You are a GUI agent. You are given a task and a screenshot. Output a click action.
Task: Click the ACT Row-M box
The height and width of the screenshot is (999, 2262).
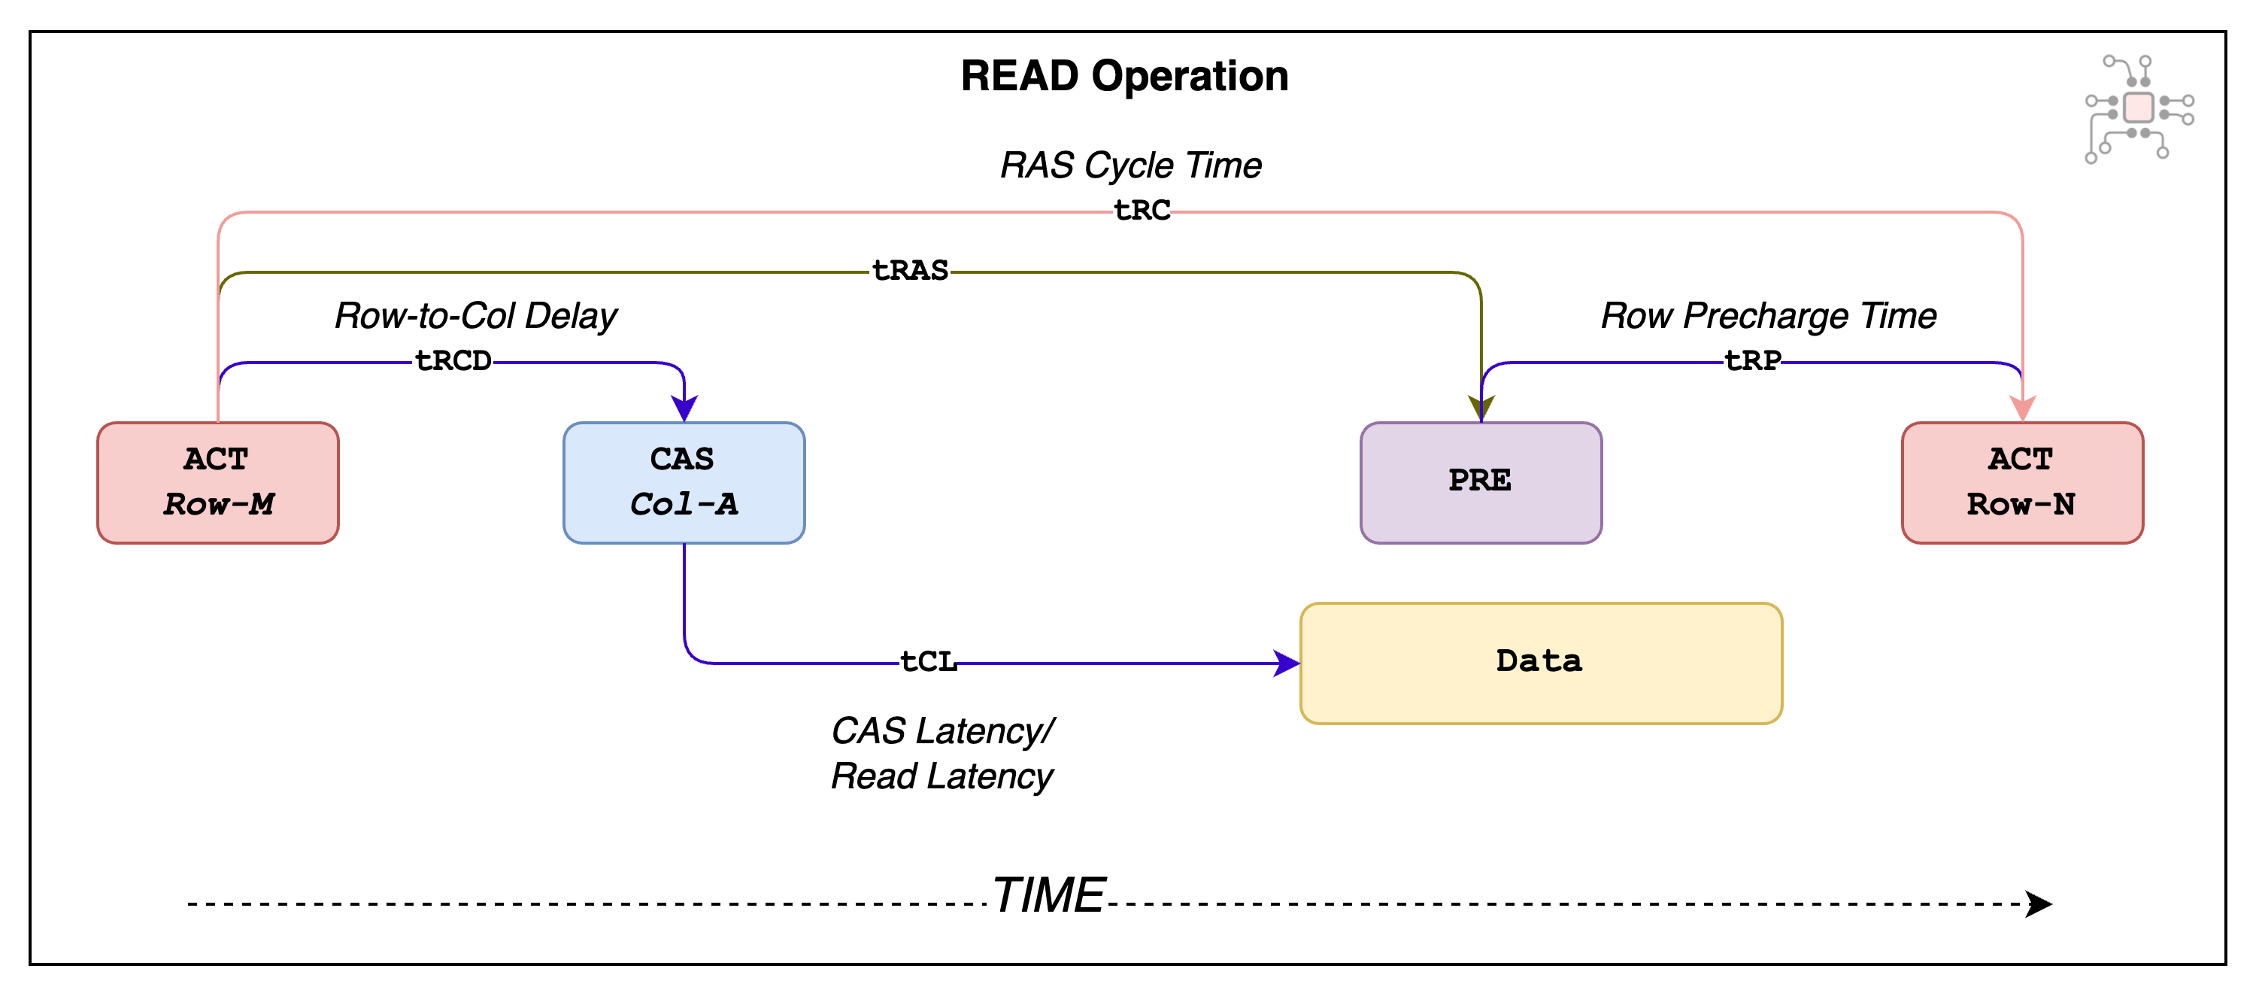[218, 482]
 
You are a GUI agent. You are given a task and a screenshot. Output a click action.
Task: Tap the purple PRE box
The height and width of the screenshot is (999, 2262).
[1481, 482]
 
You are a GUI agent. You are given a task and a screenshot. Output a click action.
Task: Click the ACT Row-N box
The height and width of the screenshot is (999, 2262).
[2021, 482]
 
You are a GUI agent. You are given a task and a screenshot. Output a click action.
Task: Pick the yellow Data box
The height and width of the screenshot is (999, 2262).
[1540, 663]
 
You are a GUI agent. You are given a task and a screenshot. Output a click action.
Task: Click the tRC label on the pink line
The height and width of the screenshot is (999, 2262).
[1142, 211]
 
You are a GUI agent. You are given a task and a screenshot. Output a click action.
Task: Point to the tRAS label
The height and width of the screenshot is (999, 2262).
[910, 271]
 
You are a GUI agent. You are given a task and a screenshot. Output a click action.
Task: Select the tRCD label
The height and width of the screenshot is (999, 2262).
[453, 361]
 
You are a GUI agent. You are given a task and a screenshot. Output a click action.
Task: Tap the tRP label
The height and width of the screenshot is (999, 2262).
[1753, 361]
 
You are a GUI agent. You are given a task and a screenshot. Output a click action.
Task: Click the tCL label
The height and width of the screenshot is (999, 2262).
[928, 661]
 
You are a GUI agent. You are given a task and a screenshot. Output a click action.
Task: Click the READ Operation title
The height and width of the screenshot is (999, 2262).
[1124, 77]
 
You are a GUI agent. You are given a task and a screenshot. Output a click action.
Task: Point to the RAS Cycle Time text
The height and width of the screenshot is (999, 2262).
[1130, 165]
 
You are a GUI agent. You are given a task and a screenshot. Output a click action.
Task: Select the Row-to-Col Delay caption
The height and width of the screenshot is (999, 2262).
[475, 315]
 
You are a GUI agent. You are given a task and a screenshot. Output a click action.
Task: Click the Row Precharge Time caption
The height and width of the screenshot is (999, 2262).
[1768, 315]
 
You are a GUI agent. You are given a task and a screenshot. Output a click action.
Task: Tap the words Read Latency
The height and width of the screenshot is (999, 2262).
[941, 776]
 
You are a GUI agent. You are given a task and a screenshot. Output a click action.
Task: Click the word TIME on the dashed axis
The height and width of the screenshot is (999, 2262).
[1048, 895]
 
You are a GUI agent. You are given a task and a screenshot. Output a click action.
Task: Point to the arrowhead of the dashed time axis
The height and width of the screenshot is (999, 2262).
[2039, 903]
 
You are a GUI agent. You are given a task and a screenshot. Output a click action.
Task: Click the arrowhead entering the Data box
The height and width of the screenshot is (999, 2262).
[1287, 663]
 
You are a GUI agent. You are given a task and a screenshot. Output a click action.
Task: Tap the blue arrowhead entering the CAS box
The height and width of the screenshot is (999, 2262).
[684, 408]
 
